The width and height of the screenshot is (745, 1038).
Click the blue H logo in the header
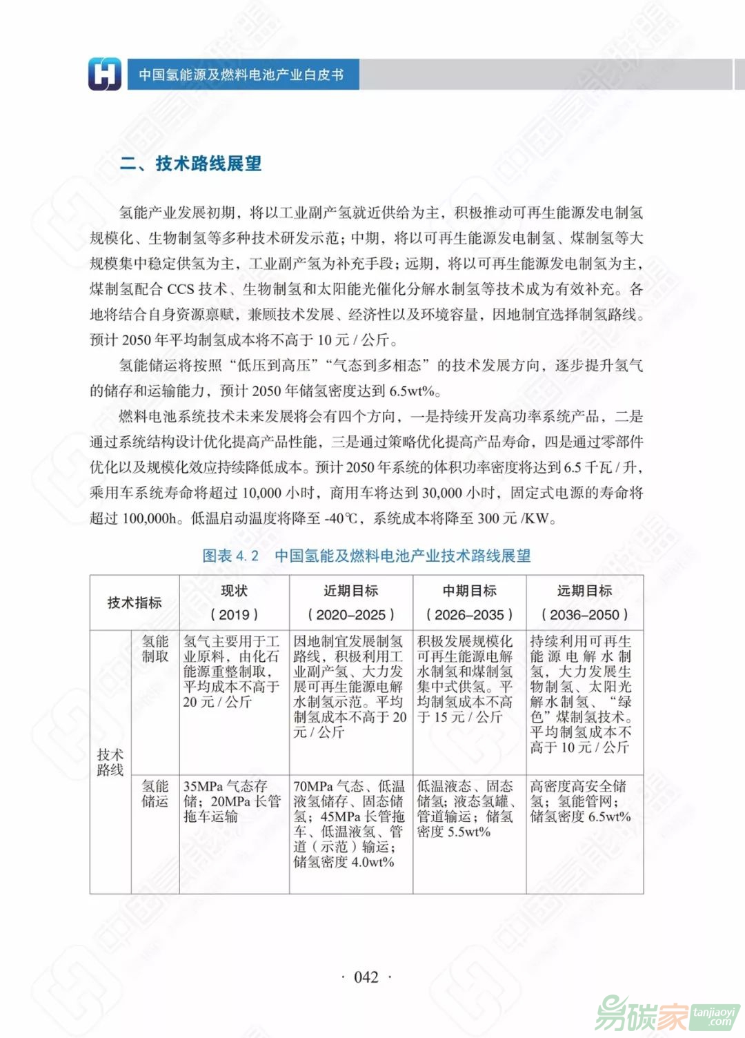(x=105, y=74)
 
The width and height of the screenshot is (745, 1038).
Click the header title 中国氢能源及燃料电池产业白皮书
(x=241, y=75)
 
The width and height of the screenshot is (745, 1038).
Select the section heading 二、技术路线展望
(x=191, y=164)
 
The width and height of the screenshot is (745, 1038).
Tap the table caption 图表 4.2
(x=230, y=556)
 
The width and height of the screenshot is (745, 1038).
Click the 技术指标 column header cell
(x=135, y=603)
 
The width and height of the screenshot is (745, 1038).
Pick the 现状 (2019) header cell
(x=234, y=603)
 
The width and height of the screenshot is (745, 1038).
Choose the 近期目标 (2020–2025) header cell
(x=350, y=603)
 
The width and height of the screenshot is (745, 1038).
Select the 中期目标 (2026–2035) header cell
(x=469, y=603)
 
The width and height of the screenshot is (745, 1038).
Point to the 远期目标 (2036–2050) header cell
(x=584, y=603)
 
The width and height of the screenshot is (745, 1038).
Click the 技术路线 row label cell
(x=110, y=762)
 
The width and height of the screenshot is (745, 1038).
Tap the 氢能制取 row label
(x=155, y=649)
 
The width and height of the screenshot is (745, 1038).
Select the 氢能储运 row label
(x=155, y=793)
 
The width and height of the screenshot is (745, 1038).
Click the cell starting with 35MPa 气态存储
(x=232, y=801)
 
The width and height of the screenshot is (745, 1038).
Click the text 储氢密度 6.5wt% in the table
(x=580, y=816)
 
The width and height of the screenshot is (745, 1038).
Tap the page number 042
(x=366, y=977)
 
